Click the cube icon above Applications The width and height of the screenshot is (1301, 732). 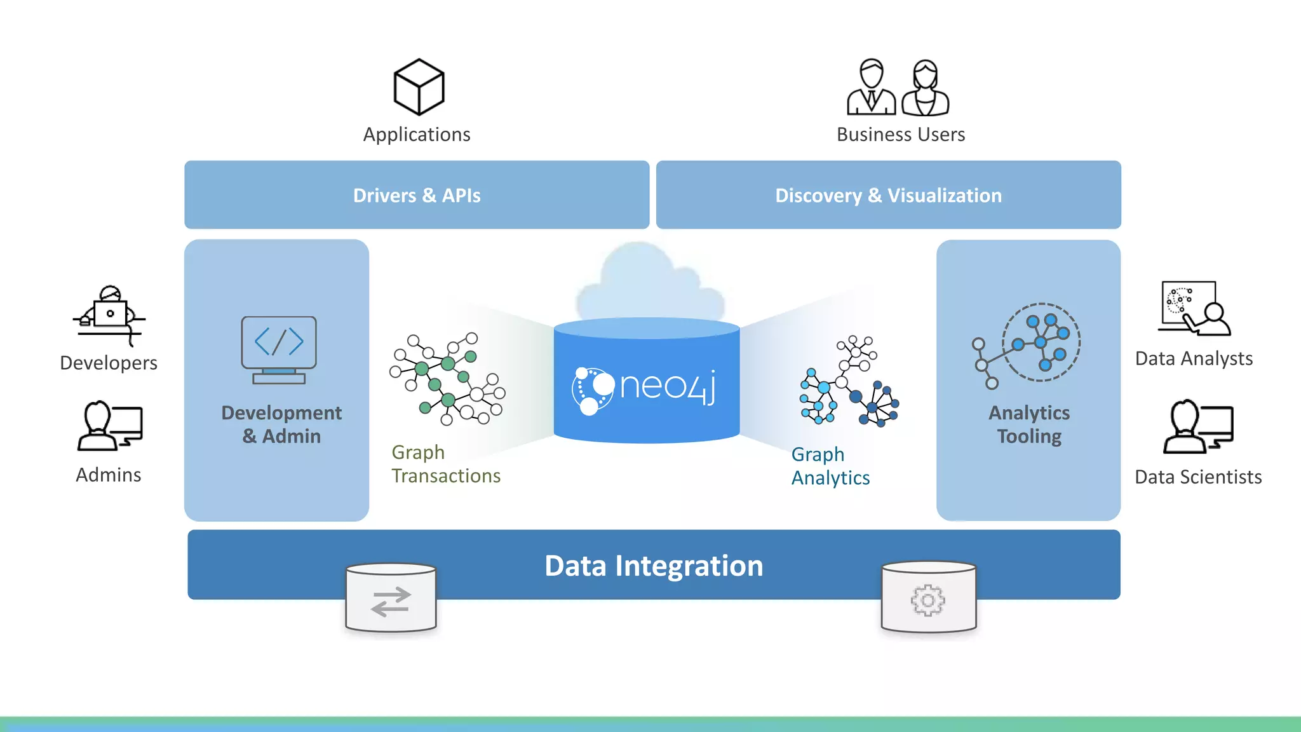point(419,87)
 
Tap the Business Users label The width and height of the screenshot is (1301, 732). point(900,135)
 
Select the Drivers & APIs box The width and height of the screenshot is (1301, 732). point(417,195)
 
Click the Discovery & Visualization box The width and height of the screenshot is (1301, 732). point(888,195)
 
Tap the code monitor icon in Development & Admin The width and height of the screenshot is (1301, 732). point(279,349)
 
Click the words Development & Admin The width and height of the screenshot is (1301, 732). point(281,424)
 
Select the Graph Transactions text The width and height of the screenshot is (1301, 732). point(445,464)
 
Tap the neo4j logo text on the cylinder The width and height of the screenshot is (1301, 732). point(667,386)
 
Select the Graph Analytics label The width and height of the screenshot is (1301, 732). point(830,466)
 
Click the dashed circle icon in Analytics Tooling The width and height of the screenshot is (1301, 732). point(1041,342)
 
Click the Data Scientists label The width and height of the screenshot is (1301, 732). point(1197,477)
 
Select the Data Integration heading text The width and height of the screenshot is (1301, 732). point(653,566)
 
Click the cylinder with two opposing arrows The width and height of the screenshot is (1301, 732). point(391,599)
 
